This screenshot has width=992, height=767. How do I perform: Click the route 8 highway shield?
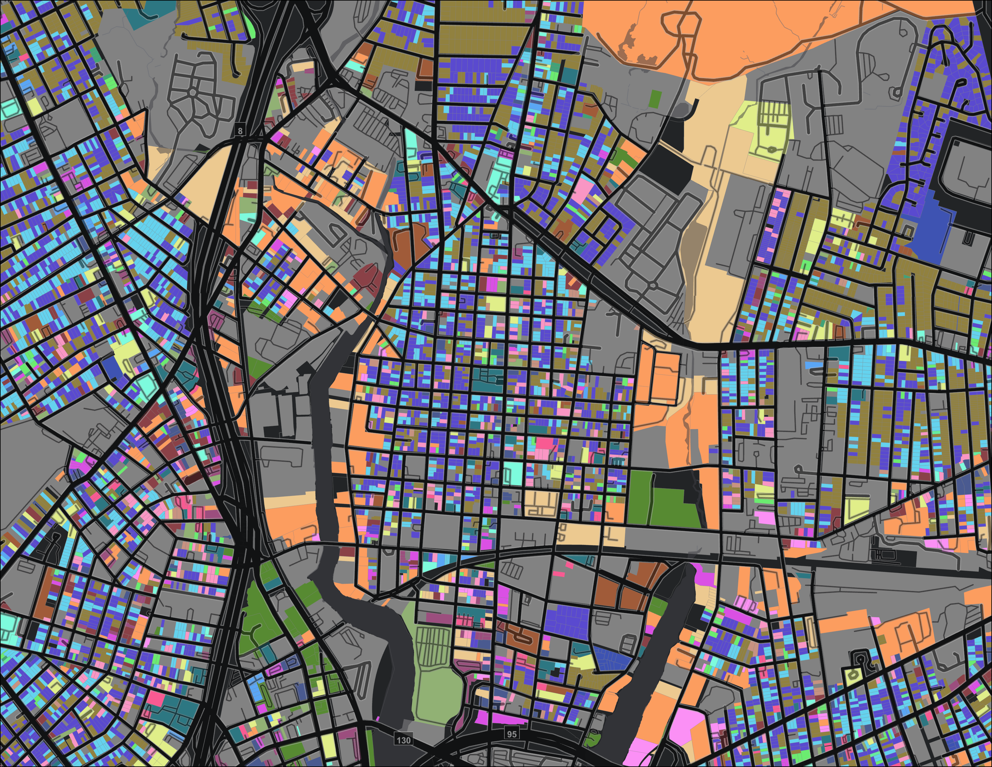click(x=240, y=131)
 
